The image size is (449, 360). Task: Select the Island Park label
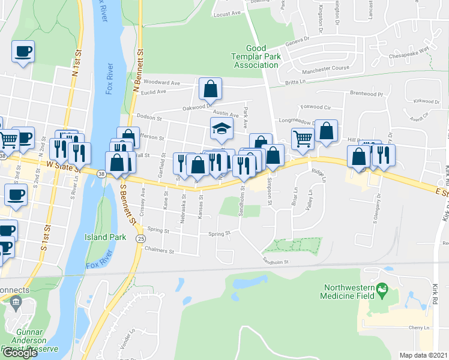click(105, 237)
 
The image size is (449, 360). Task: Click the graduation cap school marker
click(221, 128)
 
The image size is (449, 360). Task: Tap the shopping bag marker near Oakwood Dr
click(210, 89)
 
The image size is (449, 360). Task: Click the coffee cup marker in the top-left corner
click(23, 52)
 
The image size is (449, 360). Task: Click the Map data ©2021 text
click(424, 355)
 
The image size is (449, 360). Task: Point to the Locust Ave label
click(226, 12)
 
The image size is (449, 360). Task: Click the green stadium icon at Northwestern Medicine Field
click(381, 293)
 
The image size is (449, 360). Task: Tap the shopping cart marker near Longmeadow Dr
click(302, 138)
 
